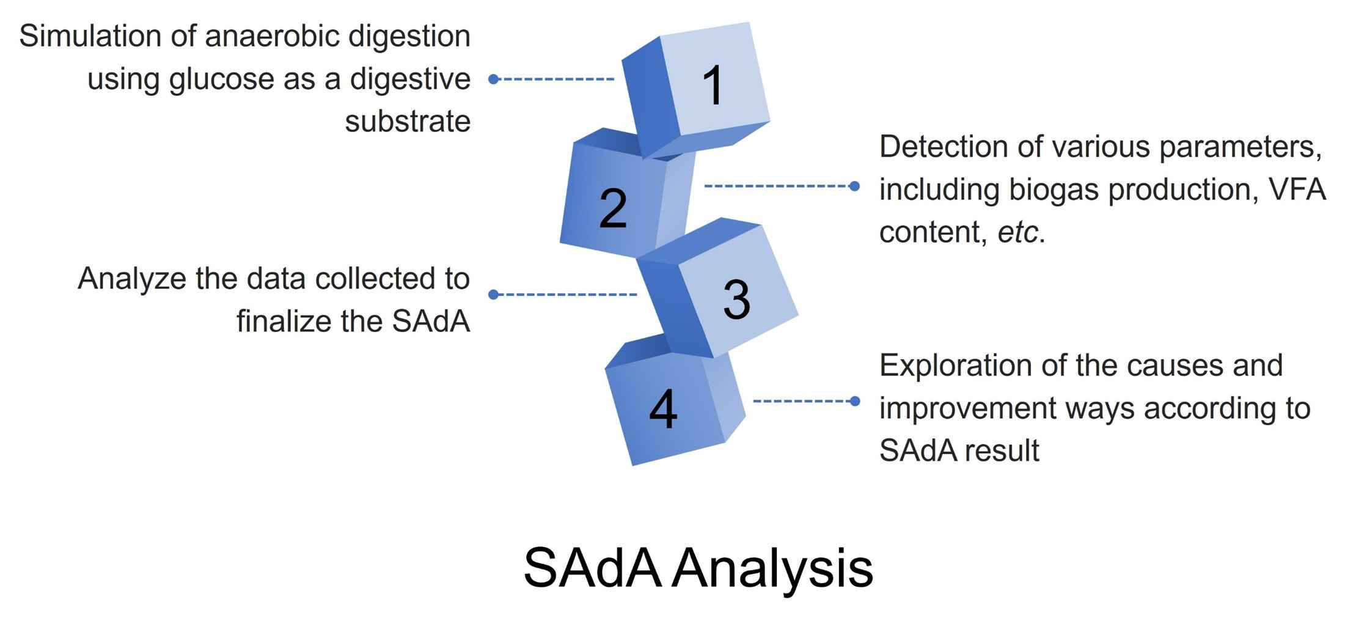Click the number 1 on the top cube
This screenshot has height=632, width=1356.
click(713, 86)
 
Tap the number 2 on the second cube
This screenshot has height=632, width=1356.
click(613, 208)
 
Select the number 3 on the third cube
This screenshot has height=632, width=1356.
click(736, 299)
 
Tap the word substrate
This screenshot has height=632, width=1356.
click(408, 121)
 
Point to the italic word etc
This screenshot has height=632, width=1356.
click(1017, 232)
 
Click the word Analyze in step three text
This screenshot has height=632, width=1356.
click(131, 279)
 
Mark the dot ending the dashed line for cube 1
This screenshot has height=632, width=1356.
click(494, 79)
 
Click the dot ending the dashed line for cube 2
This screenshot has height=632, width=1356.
click(855, 186)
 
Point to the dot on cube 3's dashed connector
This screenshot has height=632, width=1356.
click(494, 295)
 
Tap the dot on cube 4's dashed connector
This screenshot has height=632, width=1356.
click(855, 401)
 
